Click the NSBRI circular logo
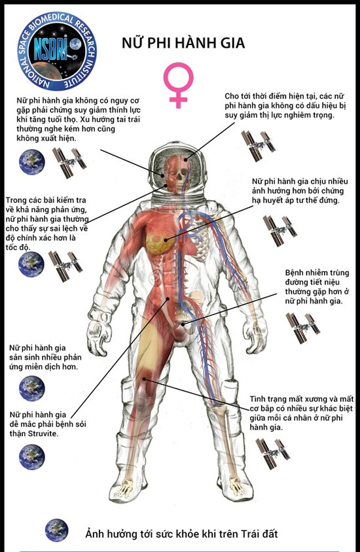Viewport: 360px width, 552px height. point(57,51)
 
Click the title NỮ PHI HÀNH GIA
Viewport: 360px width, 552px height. point(183,43)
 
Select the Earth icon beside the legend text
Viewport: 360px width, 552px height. point(56,530)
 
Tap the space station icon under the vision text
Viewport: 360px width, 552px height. point(258,146)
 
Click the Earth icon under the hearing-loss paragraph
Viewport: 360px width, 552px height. point(31,162)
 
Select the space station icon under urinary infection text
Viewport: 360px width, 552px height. point(302,328)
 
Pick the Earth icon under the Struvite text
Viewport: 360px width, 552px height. point(31,457)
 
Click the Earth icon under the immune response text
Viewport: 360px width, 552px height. point(31,388)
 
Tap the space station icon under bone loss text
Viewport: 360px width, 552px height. point(273,453)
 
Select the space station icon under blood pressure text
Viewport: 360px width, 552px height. point(280,230)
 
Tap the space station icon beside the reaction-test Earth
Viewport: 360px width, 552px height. point(65,266)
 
